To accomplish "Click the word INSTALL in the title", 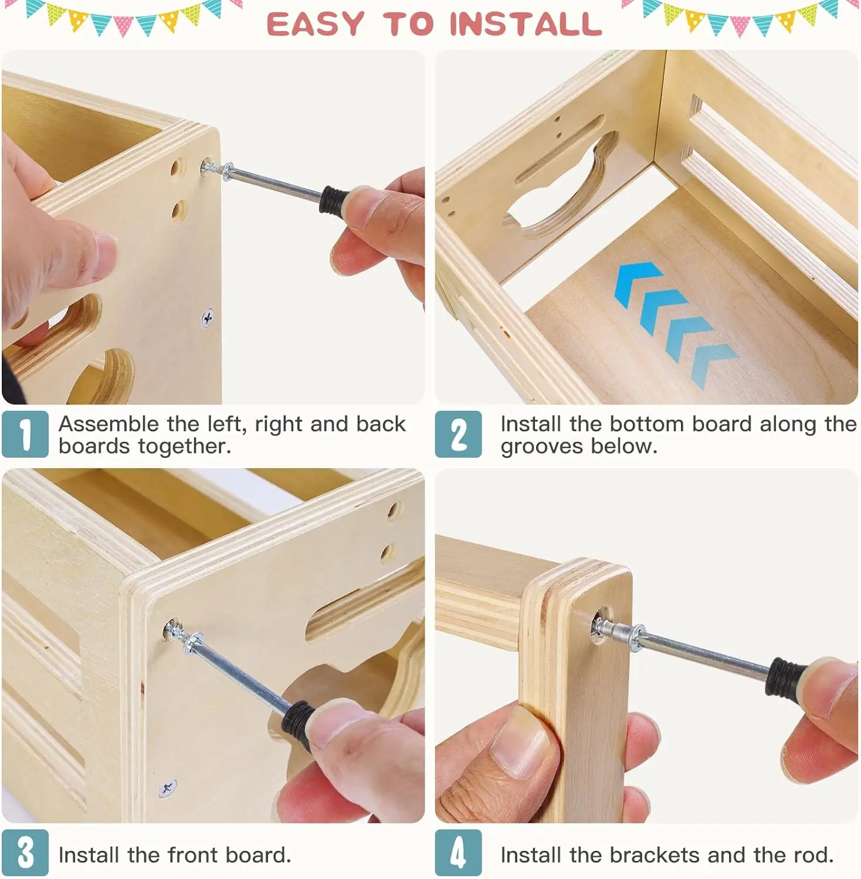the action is coord(526,24).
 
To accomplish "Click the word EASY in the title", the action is coord(316,24).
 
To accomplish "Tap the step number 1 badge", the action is coord(25,434).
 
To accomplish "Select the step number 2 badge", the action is coord(458,434).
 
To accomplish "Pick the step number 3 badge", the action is coord(25,853).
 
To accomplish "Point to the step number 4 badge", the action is coord(458,853).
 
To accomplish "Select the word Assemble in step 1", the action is coord(109,424).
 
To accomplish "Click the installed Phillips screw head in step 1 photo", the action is coord(208,318).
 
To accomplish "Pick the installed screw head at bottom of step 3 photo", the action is coord(168,788).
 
